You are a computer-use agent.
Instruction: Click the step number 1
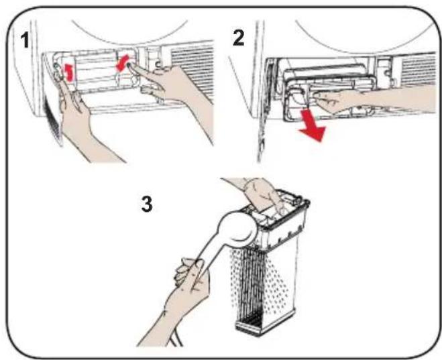(25, 40)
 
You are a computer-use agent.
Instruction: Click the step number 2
(239, 38)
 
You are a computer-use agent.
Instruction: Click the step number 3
(147, 204)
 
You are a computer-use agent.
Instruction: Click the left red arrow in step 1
(68, 72)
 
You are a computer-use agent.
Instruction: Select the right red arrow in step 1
(122, 64)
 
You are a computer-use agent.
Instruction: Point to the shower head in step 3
(239, 229)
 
